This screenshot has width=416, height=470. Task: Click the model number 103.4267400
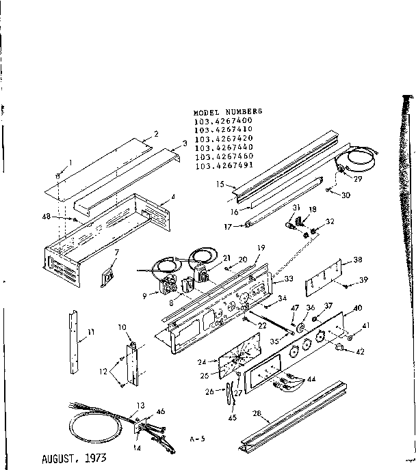(223, 120)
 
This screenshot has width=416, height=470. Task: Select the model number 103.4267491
(223, 165)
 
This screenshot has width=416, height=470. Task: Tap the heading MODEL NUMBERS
(228, 111)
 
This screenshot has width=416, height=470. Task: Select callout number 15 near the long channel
(220, 184)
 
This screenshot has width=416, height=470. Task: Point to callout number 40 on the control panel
(359, 309)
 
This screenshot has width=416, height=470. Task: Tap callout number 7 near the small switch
(116, 253)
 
